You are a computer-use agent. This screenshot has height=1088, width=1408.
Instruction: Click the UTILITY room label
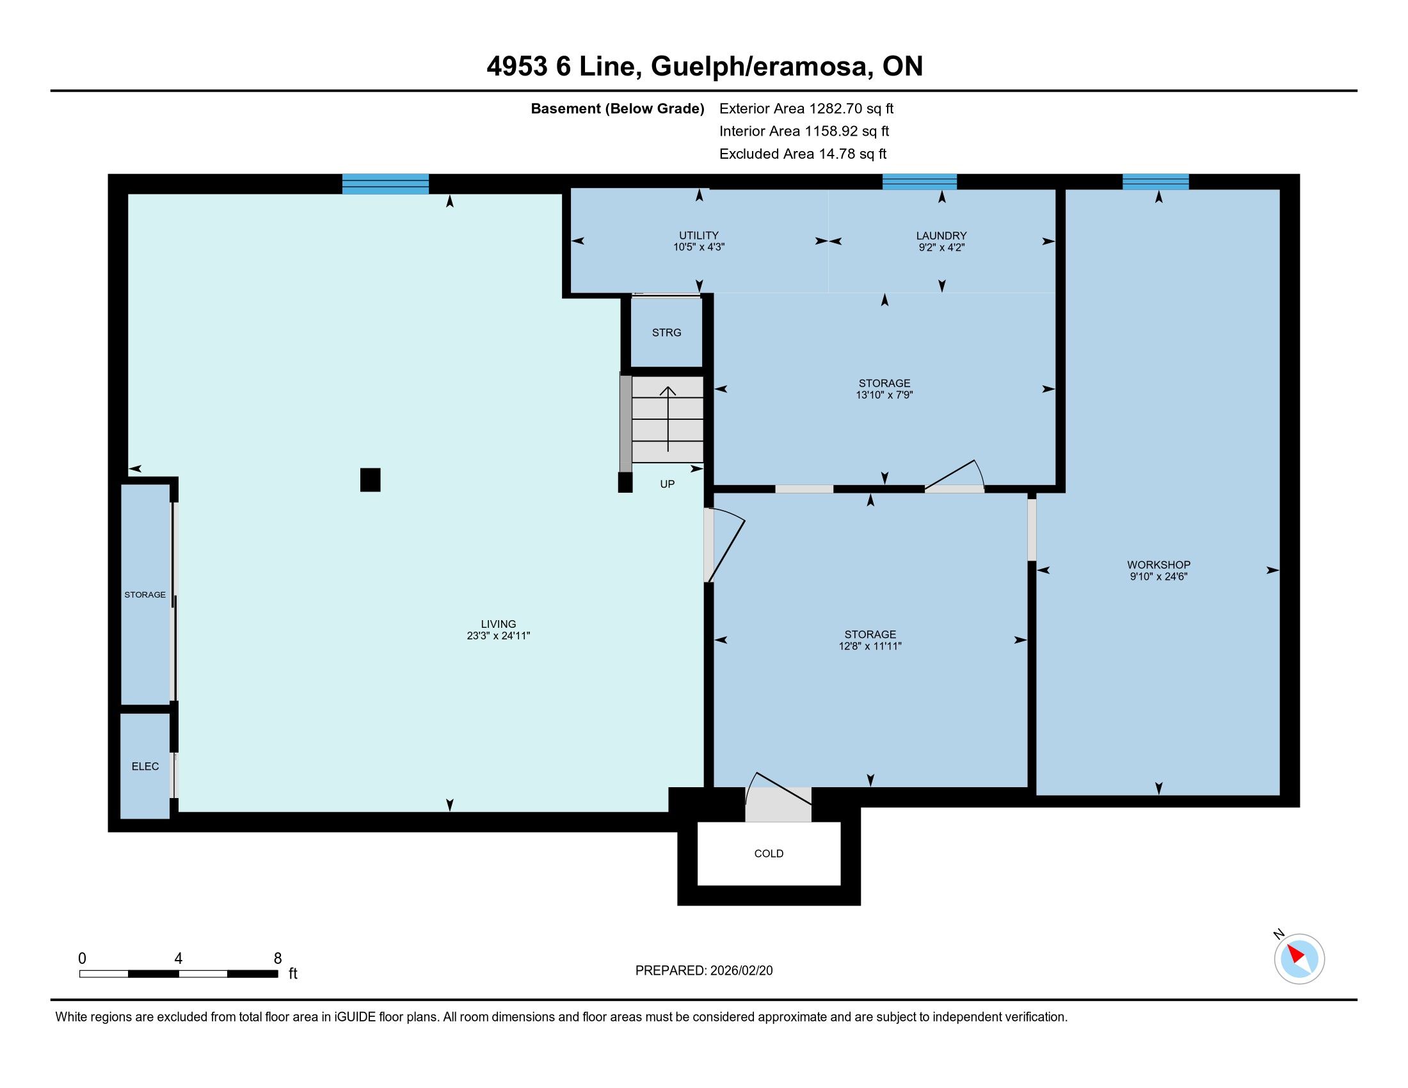pyautogui.click(x=699, y=236)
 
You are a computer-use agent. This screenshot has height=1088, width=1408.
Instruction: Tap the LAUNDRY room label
pyautogui.click(x=941, y=236)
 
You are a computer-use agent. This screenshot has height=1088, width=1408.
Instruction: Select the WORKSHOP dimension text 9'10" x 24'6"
pyautogui.click(x=1158, y=577)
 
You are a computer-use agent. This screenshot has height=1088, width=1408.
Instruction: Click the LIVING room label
pyautogui.click(x=499, y=624)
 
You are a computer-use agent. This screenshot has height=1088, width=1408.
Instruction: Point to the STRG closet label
pyautogui.click(x=667, y=333)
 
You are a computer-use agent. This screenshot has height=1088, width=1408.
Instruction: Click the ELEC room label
pyautogui.click(x=145, y=766)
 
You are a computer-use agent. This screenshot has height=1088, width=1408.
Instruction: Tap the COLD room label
pyautogui.click(x=769, y=853)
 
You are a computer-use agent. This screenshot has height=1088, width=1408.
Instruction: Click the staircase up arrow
pyautogui.click(x=668, y=419)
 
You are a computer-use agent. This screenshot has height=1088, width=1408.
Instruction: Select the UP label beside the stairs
pyautogui.click(x=668, y=484)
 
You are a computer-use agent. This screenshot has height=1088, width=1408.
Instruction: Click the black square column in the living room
pyautogui.click(x=370, y=480)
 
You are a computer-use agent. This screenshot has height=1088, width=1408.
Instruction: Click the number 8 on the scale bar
pyautogui.click(x=278, y=959)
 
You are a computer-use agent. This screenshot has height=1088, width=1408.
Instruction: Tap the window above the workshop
pyautogui.click(x=1155, y=182)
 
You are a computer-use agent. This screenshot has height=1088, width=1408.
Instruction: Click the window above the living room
pyautogui.click(x=385, y=184)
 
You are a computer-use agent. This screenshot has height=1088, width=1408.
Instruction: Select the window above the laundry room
pyautogui.click(x=919, y=182)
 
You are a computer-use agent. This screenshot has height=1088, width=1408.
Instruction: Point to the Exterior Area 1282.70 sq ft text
pyautogui.click(x=806, y=108)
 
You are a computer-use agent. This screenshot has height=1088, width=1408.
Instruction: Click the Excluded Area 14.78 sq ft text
pyautogui.click(x=803, y=154)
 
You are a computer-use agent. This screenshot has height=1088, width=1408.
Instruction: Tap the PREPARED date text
pyautogui.click(x=704, y=971)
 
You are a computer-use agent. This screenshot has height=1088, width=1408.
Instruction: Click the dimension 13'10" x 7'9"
pyautogui.click(x=884, y=395)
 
